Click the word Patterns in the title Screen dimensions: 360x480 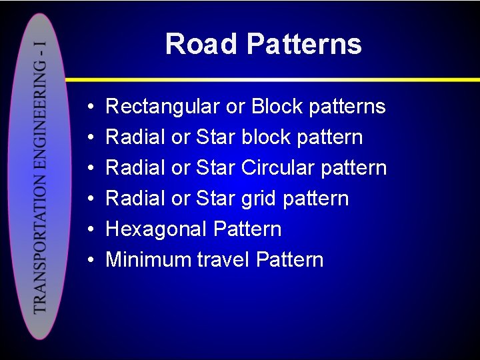pos(303,44)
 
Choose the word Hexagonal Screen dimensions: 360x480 pos(157,229)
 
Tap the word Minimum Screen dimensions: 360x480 pos(149,260)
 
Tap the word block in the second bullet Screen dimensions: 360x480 pos(266,137)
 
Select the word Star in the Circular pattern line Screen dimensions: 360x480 pos(216,168)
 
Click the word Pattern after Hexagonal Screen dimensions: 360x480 pos(247,229)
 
